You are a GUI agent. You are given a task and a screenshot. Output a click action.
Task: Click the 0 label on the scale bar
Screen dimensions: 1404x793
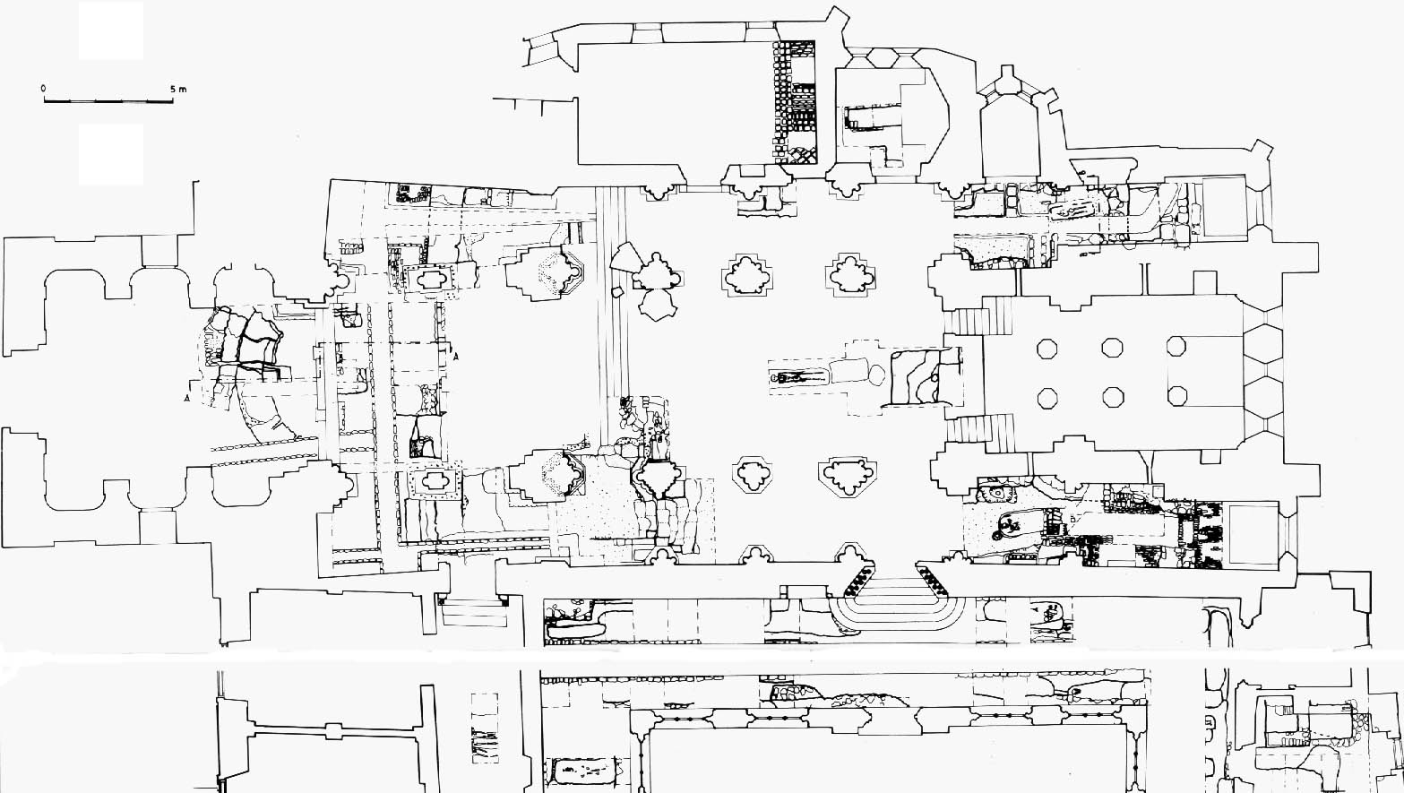[43, 89]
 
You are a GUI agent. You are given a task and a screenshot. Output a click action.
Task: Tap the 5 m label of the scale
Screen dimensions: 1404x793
[178, 89]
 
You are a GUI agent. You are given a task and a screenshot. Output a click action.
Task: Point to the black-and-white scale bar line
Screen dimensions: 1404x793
[108, 99]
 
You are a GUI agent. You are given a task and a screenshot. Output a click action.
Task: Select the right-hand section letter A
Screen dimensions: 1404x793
[456, 358]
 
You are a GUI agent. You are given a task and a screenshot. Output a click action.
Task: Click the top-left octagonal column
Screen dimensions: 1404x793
[1047, 349]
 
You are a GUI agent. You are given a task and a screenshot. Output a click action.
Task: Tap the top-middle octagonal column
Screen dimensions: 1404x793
[1113, 348]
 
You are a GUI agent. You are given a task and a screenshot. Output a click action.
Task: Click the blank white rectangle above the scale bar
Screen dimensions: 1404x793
[111, 30]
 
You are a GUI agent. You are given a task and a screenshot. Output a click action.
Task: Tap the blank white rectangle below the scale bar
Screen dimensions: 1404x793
[111, 154]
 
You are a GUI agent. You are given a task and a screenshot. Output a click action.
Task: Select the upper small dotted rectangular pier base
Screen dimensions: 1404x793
[430, 278]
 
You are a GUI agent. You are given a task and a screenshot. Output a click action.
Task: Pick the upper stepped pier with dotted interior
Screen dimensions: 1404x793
[546, 272]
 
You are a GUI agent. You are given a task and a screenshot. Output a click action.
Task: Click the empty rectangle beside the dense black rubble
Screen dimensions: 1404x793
[1253, 534]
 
